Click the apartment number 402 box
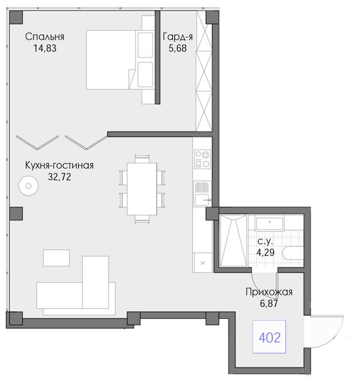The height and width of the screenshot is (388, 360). tap(269, 336)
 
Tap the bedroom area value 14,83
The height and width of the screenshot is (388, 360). tap(45, 48)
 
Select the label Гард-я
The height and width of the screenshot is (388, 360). tap(178, 37)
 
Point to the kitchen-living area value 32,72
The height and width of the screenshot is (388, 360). tap(59, 177)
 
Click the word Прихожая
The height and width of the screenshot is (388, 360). tap(269, 292)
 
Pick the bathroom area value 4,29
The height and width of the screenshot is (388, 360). tap(266, 252)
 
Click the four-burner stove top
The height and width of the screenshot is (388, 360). tap(203, 159)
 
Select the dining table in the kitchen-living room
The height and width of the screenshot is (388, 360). tap(142, 189)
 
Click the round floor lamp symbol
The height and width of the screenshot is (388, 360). tap(28, 186)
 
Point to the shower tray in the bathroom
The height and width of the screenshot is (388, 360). tap(233, 240)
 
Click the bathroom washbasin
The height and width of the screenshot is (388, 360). tap(269, 223)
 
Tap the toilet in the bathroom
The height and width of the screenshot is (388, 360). tap(294, 253)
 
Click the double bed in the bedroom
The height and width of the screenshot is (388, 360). tap(120, 59)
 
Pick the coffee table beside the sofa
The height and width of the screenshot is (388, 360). tap(56, 258)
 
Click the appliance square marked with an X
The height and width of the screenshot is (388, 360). tap(203, 262)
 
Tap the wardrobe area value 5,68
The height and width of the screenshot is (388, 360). tap(178, 48)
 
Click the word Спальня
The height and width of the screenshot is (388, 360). tap(45, 37)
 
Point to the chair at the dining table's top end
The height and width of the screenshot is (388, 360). tap(142, 159)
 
